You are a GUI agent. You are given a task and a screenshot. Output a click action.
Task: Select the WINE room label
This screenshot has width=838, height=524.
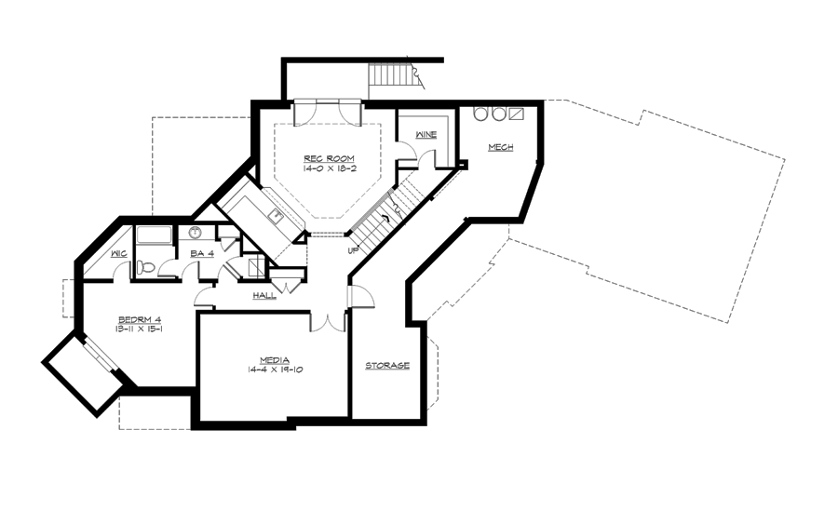click(426, 135)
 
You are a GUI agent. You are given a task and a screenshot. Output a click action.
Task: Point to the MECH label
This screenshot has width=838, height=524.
click(499, 147)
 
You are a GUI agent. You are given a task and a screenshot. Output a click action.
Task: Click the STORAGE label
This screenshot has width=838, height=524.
click(387, 366)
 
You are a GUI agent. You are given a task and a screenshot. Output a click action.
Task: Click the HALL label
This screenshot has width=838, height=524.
click(264, 296)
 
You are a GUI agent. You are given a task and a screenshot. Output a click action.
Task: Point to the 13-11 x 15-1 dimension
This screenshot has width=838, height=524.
click(140, 329)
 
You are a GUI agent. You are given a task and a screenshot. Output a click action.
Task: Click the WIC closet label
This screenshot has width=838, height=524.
click(118, 252)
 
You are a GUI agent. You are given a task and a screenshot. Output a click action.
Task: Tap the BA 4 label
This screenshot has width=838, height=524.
click(202, 253)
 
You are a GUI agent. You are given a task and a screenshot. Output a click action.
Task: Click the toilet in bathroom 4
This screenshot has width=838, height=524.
click(146, 267)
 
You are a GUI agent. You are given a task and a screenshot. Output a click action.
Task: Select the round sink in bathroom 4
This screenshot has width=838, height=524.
click(196, 233)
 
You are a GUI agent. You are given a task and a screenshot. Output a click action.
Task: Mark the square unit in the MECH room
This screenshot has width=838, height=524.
click(516, 114)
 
